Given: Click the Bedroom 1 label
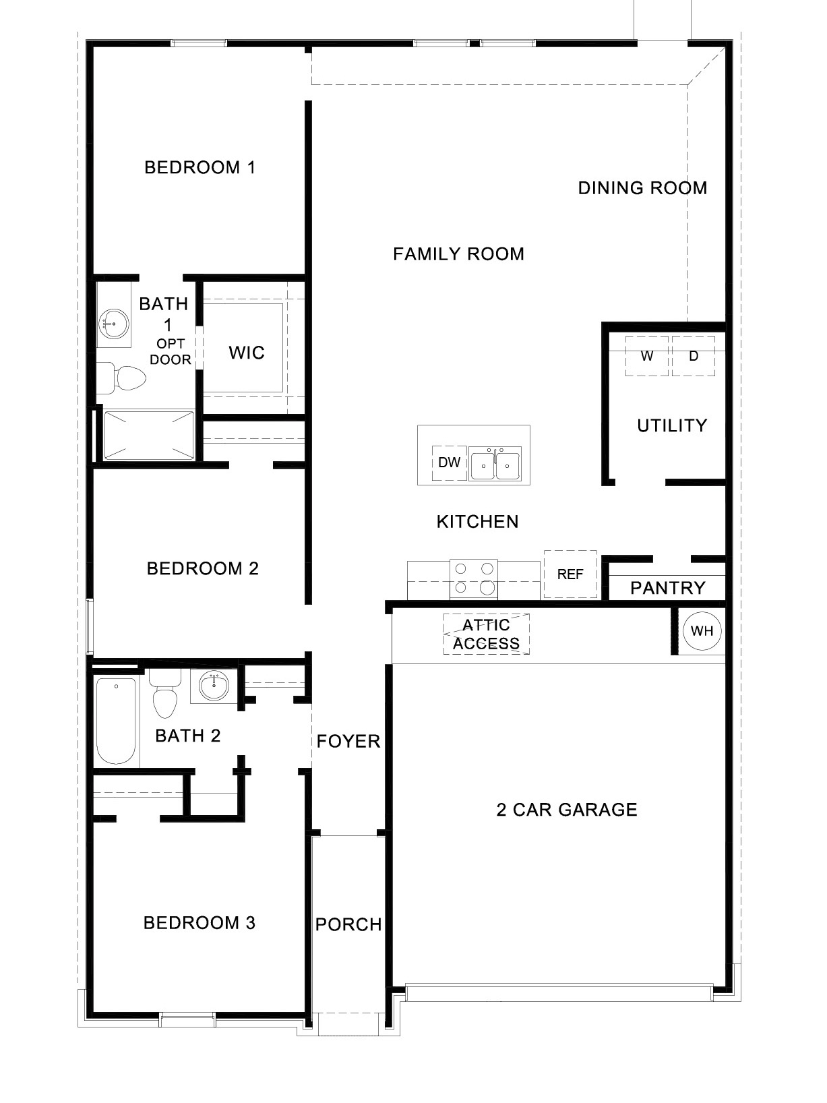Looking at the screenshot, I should point(200,167).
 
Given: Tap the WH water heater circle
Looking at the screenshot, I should point(702,631).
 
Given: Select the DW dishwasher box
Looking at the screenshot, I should point(449,463).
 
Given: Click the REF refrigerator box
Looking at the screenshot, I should point(570,574).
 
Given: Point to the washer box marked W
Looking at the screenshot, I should point(647,356).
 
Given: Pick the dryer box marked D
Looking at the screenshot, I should point(694,356).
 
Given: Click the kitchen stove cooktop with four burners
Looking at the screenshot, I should point(474,578).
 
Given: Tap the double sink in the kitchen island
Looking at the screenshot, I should point(495,465).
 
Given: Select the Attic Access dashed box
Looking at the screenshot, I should point(486,634).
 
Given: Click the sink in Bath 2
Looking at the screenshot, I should point(214,686).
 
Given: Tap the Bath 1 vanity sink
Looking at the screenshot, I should point(113,324).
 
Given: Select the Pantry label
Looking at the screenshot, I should point(667,588).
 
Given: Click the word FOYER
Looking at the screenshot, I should point(348,742).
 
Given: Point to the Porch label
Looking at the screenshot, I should point(348,924).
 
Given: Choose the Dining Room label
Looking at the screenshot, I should point(642,187).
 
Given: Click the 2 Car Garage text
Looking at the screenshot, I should point(566,809).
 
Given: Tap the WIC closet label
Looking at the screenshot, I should point(247,353).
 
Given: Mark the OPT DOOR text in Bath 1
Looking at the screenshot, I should point(170,352).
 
